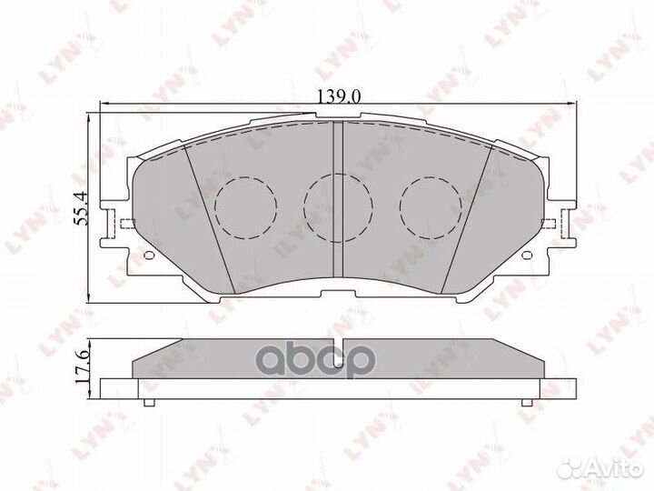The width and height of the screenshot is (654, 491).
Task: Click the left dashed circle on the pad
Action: click(x=246, y=205)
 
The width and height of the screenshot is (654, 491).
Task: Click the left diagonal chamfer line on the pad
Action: click(x=210, y=218)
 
